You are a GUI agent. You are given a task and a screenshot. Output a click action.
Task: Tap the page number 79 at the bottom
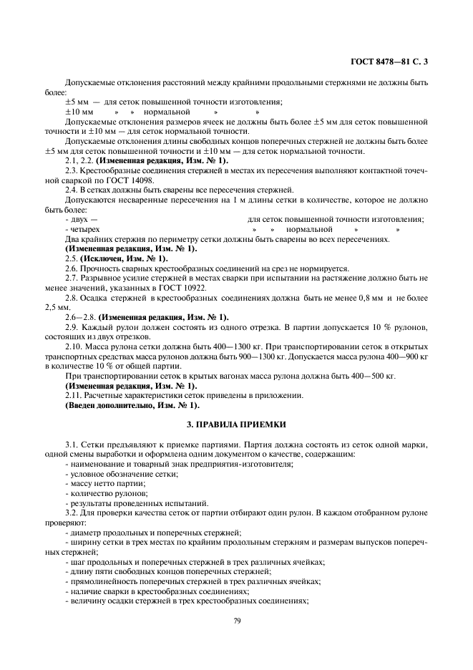[x=236, y=621]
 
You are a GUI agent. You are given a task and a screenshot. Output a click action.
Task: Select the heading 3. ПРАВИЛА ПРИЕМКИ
[x=236, y=424]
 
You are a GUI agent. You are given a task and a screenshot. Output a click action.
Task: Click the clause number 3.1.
[x=72, y=445]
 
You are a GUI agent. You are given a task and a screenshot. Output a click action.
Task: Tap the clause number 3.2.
[x=72, y=513]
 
